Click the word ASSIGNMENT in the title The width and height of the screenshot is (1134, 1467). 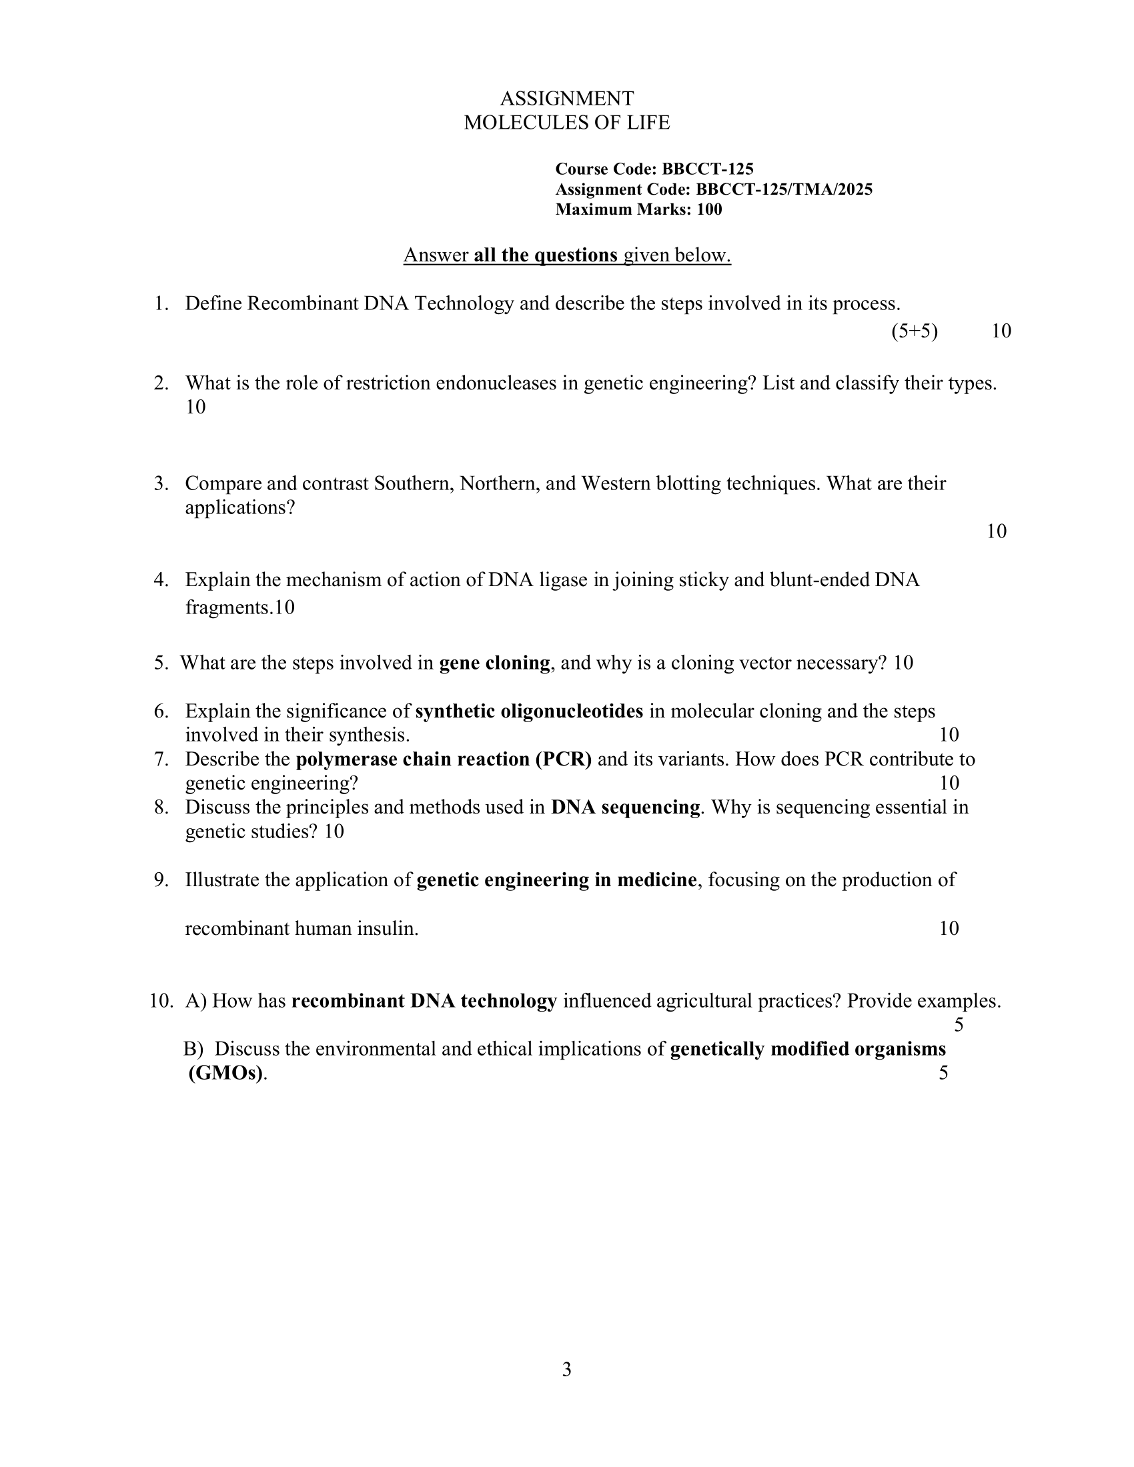click(566, 99)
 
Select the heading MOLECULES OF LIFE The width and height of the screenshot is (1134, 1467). click(566, 123)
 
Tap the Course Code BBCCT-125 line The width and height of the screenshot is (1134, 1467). click(654, 169)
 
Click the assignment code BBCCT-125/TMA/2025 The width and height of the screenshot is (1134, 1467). click(784, 189)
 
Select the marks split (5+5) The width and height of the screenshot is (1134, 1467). click(915, 331)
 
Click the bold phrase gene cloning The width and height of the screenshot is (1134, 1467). click(494, 663)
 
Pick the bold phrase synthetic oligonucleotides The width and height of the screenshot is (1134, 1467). click(530, 711)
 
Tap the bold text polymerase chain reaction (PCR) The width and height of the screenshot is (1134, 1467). click(444, 760)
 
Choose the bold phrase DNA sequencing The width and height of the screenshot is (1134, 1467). click(626, 808)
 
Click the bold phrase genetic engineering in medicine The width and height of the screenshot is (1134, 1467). click(557, 880)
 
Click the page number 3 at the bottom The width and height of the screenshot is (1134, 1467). click(566, 1370)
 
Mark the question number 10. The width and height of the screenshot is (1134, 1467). click(160, 1002)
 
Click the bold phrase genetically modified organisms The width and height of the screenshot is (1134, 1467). click(808, 1049)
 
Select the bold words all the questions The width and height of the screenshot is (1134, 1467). click(546, 255)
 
